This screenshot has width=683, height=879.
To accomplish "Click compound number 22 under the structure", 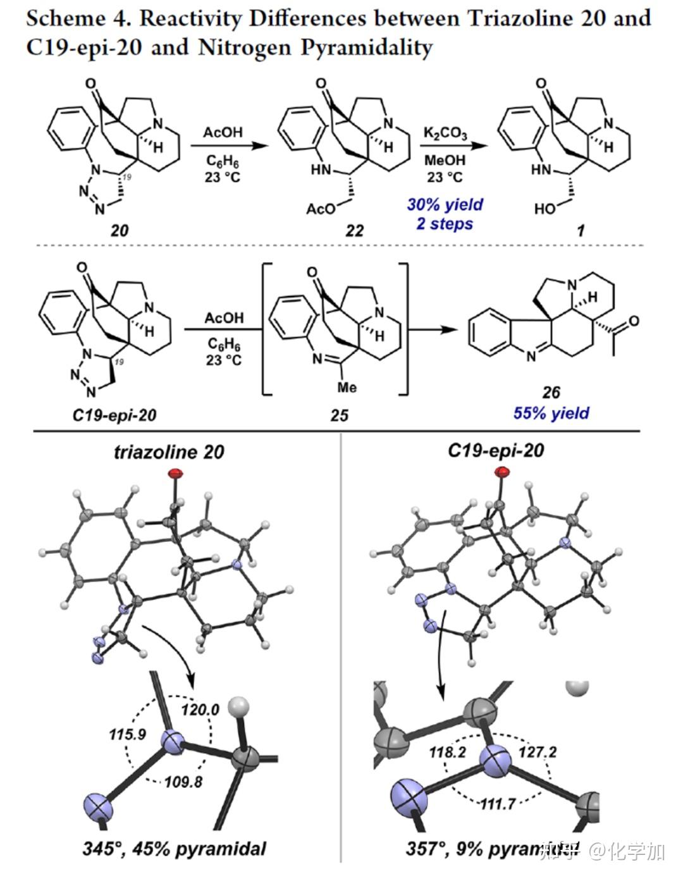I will point(354,230).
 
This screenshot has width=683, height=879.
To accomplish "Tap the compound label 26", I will point(551,393).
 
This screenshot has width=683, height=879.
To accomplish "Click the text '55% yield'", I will point(551,413).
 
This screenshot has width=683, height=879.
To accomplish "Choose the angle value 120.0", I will point(200,710).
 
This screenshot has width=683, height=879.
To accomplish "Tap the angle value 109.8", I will point(183,782).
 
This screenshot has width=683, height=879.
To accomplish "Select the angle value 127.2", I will point(537,753).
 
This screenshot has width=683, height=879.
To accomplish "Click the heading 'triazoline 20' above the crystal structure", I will point(169,452).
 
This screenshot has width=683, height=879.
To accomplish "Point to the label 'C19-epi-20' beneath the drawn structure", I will point(114,415).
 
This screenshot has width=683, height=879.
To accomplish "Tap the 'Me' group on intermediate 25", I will point(347,386).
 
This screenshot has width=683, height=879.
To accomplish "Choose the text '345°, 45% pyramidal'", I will point(175,848).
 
